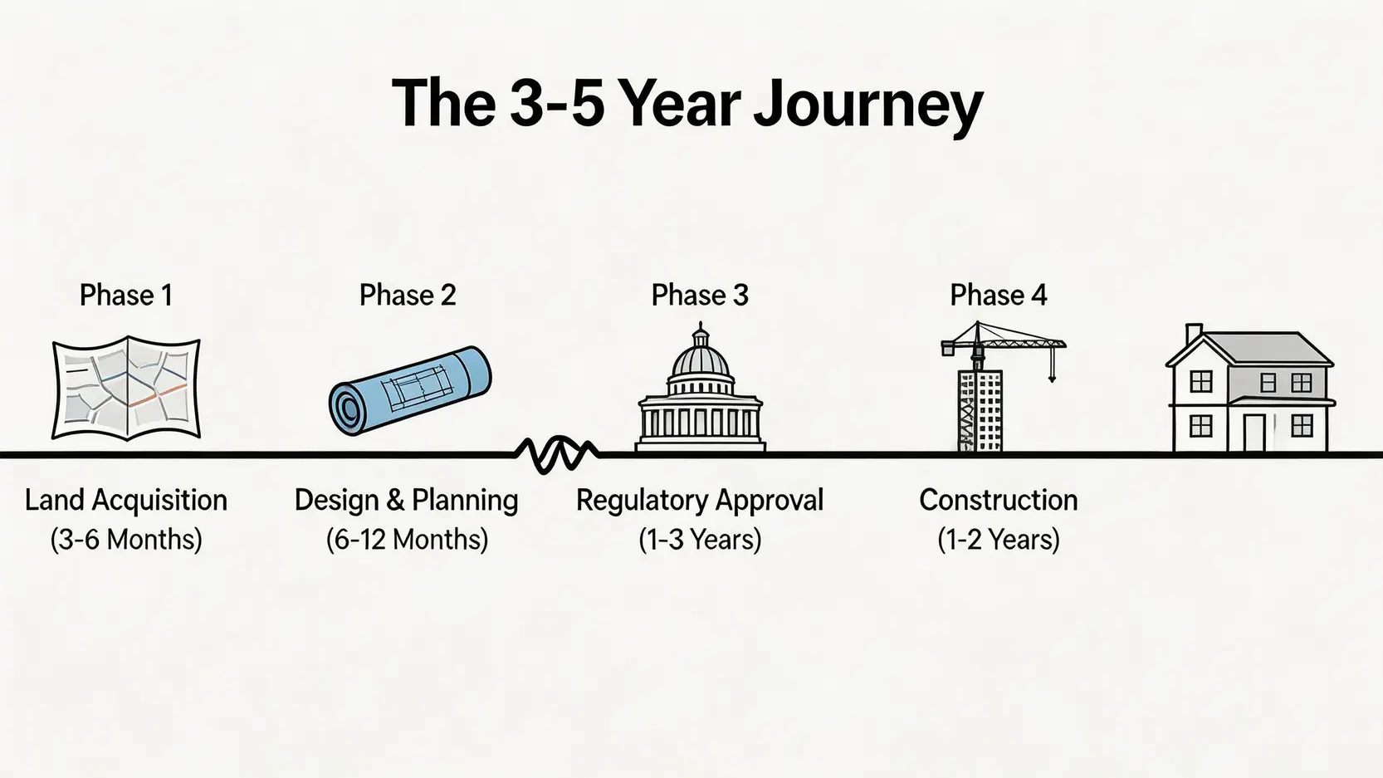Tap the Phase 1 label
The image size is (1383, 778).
tap(126, 295)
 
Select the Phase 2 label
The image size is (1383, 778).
tap(408, 295)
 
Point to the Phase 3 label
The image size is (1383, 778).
tap(700, 295)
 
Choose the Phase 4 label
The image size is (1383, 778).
tap(999, 295)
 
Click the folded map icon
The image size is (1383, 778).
tap(126, 388)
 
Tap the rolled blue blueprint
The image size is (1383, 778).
tap(410, 390)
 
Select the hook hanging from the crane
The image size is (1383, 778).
tap(1052, 377)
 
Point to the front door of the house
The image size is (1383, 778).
tap(1254, 433)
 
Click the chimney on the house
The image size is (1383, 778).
tap(1194, 334)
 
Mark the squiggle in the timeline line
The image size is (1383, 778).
tap(556, 455)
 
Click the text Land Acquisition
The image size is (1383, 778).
tap(126, 500)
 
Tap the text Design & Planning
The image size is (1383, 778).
tap(406, 500)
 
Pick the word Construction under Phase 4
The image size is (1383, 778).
tap(999, 500)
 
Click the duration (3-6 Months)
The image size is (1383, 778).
tap(126, 540)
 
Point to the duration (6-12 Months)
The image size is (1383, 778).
tap(407, 540)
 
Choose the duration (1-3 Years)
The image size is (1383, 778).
tap(700, 540)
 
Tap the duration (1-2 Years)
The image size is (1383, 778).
tap(999, 540)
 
